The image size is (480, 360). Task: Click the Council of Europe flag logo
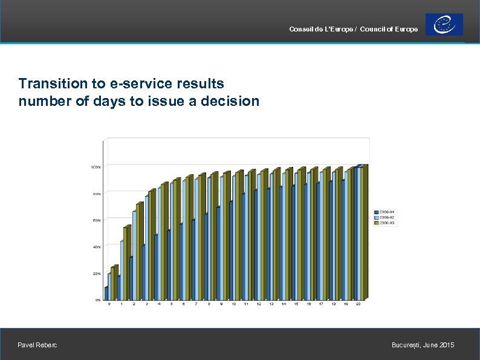click(x=444, y=24)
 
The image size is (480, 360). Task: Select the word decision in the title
click(x=232, y=101)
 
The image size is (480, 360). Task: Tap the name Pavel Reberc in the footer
click(x=38, y=345)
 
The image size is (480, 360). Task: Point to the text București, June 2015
click(x=423, y=345)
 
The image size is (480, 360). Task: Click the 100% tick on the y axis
click(x=96, y=166)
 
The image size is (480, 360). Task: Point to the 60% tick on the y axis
click(x=96, y=220)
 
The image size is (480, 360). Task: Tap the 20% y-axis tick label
click(x=96, y=273)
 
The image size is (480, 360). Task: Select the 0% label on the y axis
click(x=97, y=299)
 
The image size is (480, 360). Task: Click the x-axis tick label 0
click(x=109, y=304)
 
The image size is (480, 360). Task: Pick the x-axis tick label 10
click(x=234, y=304)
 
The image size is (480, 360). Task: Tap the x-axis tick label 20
click(x=358, y=304)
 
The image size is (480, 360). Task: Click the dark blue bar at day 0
click(x=106, y=293)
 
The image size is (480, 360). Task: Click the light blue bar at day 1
click(x=122, y=270)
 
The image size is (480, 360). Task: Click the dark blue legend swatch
click(x=376, y=212)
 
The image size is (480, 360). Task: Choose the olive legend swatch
click(x=376, y=223)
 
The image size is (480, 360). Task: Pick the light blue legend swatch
click(x=376, y=217)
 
